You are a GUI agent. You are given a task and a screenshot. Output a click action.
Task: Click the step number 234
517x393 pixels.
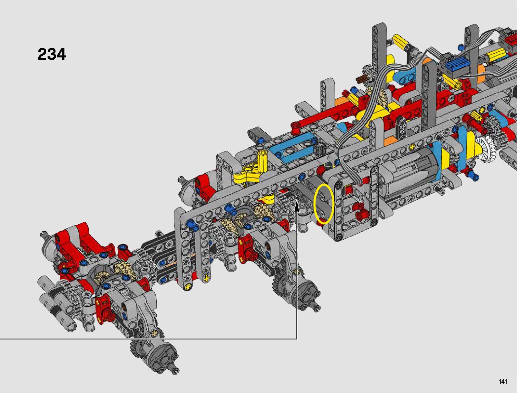(52, 54)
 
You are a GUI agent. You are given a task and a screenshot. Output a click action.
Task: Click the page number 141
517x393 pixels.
(502, 381)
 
